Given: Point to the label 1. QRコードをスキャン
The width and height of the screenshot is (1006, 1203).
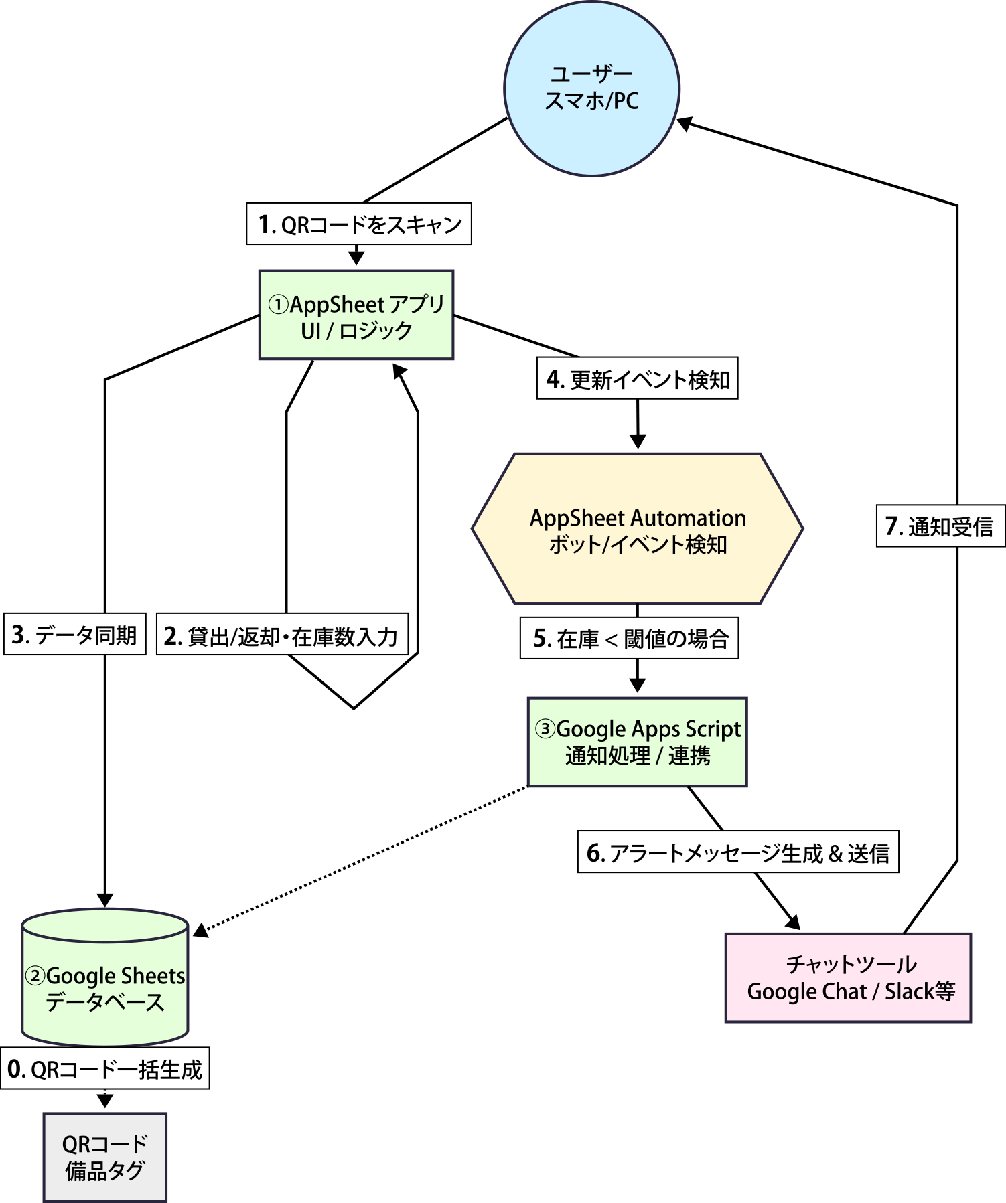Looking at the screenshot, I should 359,224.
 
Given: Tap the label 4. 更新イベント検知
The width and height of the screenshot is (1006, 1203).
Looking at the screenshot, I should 637,380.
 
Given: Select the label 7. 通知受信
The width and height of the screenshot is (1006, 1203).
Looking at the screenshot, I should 939,527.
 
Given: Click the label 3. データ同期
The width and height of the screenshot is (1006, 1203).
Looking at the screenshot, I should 74,635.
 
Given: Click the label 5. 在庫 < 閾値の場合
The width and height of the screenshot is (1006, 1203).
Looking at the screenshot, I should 630,639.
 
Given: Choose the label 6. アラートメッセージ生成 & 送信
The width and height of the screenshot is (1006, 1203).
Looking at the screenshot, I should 737,853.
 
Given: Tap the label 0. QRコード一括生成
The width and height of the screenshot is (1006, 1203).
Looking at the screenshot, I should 104,1069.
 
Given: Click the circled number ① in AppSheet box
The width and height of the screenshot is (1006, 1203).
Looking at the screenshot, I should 278,305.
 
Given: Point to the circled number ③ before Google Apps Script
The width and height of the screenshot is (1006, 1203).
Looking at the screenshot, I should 545,728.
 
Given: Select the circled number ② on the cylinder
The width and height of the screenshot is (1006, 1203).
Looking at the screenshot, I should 35,976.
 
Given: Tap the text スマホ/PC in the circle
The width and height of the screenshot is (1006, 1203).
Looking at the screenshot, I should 591,101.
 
